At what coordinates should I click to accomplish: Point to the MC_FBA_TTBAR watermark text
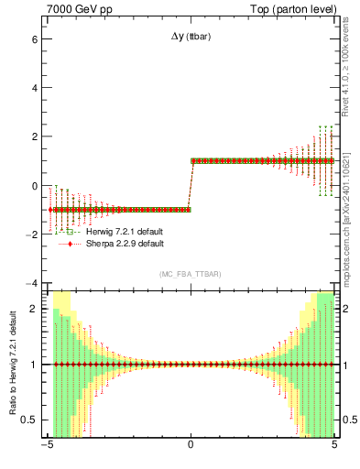[191, 274]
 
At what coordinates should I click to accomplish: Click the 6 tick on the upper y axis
[34, 40]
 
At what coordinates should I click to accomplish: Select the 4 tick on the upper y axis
[34, 89]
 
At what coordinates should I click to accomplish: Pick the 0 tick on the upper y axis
[34, 186]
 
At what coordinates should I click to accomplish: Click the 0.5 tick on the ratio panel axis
[29, 420]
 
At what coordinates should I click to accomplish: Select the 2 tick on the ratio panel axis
[34, 309]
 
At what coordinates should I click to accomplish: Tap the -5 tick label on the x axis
[47, 448]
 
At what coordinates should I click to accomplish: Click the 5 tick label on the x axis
[334, 448]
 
